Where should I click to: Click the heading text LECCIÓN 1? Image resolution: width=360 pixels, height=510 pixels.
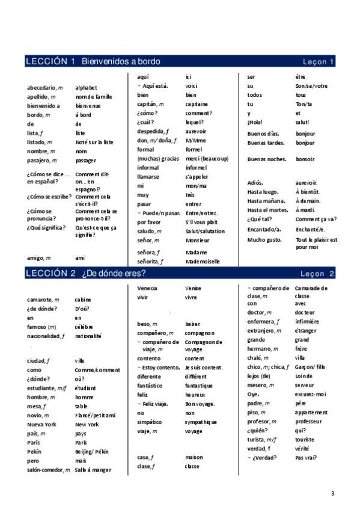click(x=50, y=61)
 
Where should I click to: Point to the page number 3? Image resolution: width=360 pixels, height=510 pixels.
click(x=332, y=494)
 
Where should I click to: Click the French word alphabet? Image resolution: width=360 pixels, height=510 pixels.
click(x=86, y=88)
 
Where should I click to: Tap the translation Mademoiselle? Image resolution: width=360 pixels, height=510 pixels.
click(x=203, y=262)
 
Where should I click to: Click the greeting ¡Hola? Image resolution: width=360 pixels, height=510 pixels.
click(x=255, y=122)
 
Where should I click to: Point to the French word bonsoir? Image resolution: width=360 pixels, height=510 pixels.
click(x=305, y=159)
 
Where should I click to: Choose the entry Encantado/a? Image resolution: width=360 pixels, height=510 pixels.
click(x=264, y=229)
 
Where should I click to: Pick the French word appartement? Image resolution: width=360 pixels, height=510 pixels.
click(x=311, y=413)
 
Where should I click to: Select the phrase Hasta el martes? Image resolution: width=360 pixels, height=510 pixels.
click(x=267, y=210)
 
